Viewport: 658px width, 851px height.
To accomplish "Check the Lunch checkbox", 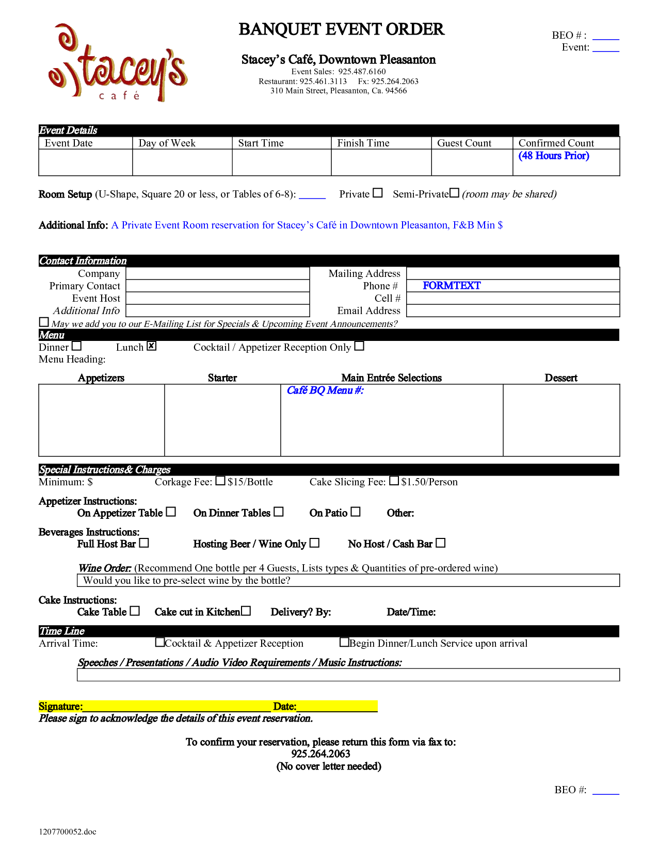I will click(151, 346).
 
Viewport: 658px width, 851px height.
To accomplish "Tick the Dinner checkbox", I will click(77, 346).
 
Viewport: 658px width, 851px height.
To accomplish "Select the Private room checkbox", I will click(378, 193).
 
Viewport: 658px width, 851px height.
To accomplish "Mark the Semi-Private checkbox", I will click(454, 193).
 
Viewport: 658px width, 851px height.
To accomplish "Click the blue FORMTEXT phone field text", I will click(452, 286).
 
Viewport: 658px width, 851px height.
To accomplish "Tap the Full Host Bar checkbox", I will click(144, 543).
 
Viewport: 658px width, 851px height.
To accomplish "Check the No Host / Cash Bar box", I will click(440, 543).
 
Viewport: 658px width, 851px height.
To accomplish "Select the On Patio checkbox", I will click(356, 512).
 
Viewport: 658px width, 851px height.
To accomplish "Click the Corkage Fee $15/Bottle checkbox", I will click(220, 481).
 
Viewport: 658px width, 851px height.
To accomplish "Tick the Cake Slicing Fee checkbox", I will click(394, 481).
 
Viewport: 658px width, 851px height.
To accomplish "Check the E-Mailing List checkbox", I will click(44, 322).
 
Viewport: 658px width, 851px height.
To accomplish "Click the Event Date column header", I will click(69, 143).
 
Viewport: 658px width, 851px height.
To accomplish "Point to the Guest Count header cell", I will click(464, 143).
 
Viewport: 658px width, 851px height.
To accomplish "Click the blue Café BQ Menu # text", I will click(325, 390).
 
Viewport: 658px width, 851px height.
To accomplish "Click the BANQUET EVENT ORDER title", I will click(341, 29).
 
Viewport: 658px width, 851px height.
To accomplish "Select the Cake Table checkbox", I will click(135, 611).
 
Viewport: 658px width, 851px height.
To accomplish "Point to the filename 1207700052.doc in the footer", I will click(68, 831).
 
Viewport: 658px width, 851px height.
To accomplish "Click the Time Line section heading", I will click(62, 631).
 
